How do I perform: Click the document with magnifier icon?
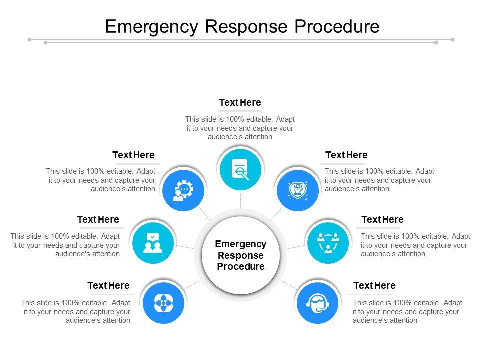(x=240, y=169)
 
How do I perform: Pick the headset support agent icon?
(x=317, y=302)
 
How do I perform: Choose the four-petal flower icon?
(x=163, y=302)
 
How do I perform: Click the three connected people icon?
(x=328, y=242)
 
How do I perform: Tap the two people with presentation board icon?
(x=153, y=242)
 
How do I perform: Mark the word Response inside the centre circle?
(x=241, y=255)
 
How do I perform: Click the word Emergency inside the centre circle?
(x=241, y=244)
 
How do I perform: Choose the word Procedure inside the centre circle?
(x=241, y=266)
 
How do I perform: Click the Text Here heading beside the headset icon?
(x=374, y=286)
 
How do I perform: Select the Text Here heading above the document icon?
(x=240, y=102)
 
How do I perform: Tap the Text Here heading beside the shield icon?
(x=346, y=155)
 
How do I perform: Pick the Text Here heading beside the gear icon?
(x=133, y=155)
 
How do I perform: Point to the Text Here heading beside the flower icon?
(x=108, y=286)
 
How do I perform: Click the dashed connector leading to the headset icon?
(x=289, y=284)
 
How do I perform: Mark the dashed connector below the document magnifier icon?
(x=240, y=199)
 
